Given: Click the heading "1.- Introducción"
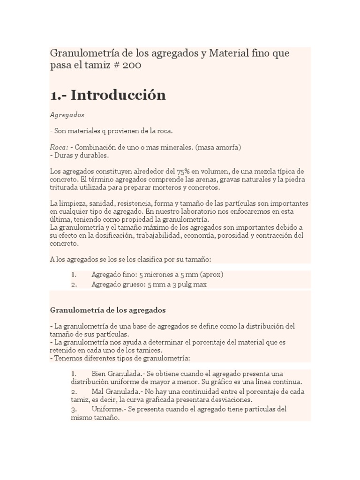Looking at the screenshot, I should pyautogui.click(x=108, y=95).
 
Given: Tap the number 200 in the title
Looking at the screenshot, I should pyautogui.click(x=132, y=66).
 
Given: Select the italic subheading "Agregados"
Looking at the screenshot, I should pyautogui.click(x=67, y=114).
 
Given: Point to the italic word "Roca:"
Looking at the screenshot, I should pyautogui.click(x=59, y=147).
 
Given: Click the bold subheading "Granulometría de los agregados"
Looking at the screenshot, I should pyautogui.click(x=107, y=310).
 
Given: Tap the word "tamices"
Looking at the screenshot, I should pyautogui.click(x=149, y=350).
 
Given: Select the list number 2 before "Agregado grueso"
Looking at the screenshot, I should pyautogui.click(x=74, y=284).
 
